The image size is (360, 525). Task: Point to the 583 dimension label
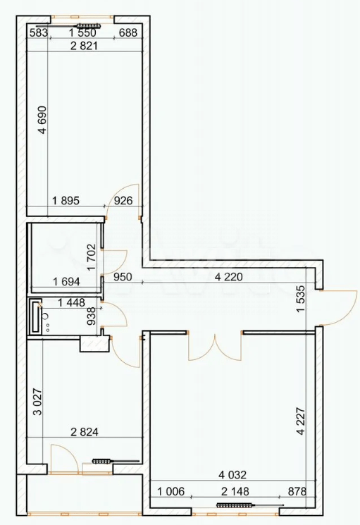(x=38, y=32)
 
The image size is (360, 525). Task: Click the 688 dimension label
(x=128, y=32)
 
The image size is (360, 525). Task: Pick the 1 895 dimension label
(x=66, y=200)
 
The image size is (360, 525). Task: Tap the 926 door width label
(x=123, y=200)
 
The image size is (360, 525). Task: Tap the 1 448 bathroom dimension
(x=71, y=303)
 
